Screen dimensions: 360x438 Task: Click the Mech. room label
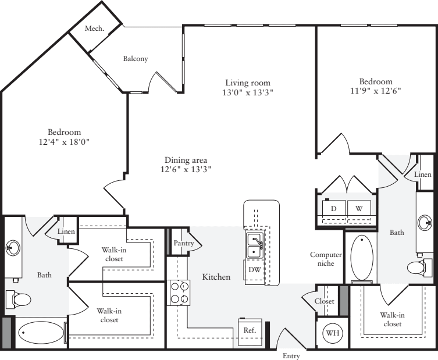pyautogui.click(x=94, y=28)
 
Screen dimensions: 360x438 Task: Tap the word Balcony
pyautogui.click(x=135, y=59)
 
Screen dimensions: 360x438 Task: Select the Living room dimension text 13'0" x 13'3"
pyautogui.click(x=248, y=92)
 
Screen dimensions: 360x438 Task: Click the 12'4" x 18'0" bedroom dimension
pyautogui.click(x=65, y=141)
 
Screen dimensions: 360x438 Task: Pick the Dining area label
pyautogui.click(x=186, y=160)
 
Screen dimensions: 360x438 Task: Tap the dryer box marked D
pyautogui.click(x=333, y=208)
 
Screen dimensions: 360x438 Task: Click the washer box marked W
pyautogui.click(x=359, y=208)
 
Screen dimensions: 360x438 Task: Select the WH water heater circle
pyautogui.click(x=332, y=334)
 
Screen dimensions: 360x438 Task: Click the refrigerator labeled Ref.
pyautogui.click(x=250, y=329)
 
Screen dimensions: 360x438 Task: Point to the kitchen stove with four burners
pyautogui.click(x=179, y=293)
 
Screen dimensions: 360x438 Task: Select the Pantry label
pyautogui.click(x=183, y=243)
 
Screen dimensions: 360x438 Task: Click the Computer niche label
pyautogui.click(x=325, y=259)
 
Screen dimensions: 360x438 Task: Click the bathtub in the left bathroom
pyautogui.click(x=41, y=334)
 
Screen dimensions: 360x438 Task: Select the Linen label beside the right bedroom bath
pyautogui.click(x=424, y=174)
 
